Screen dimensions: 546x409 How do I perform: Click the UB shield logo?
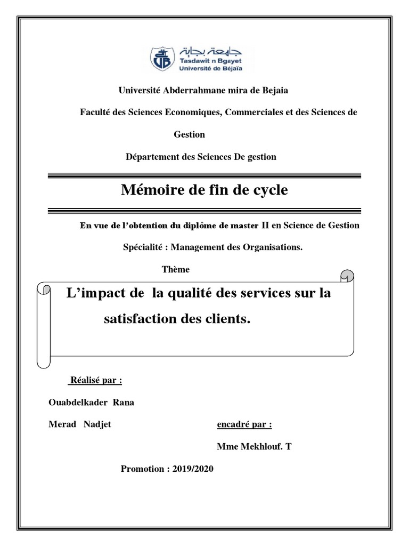163,58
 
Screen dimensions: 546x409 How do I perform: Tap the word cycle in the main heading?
267,190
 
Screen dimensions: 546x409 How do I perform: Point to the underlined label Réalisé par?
95,381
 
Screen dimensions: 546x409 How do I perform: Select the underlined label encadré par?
244,425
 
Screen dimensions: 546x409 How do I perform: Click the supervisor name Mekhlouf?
259,447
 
